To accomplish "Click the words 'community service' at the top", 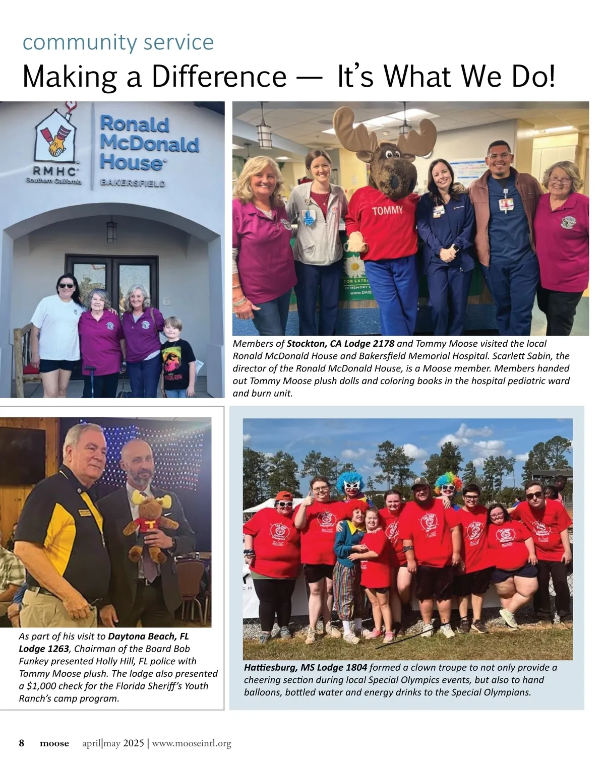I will coord(118,42).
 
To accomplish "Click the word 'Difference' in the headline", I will coord(218,77).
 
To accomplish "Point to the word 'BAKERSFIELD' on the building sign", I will coord(133,183).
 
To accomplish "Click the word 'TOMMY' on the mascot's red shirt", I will coord(387,210).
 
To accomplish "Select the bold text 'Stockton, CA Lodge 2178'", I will coord(340,344).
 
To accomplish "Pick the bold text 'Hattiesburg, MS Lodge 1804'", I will coord(306,668).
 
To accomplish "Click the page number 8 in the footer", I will coord(22,743).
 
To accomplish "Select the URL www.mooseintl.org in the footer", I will coord(192,743).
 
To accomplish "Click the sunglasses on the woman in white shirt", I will coord(66,286).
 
